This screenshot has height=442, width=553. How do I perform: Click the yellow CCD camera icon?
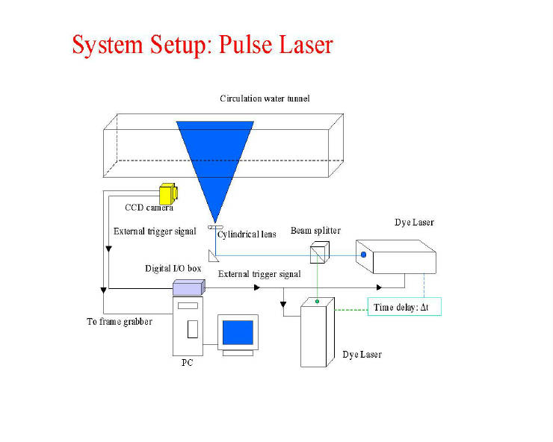click(x=168, y=193)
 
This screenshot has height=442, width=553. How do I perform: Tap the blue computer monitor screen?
click(x=238, y=332)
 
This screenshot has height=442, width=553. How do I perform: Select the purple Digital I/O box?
click(x=188, y=287)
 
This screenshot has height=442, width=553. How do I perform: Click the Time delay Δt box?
click(x=404, y=307)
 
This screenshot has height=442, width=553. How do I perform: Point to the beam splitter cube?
click(x=320, y=252)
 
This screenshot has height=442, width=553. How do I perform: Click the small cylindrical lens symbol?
click(x=215, y=227)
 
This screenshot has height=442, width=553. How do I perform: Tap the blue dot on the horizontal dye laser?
click(x=364, y=255)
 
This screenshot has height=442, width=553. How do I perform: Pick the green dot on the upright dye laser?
click(x=317, y=302)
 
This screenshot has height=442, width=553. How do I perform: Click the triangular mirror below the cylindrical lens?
click(x=213, y=256)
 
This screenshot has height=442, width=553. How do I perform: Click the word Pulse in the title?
click(x=245, y=45)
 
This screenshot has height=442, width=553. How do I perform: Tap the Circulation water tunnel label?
click(x=265, y=99)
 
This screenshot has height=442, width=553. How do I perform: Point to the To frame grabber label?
click(x=120, y=322)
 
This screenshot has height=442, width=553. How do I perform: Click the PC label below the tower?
click(x=188, y=362)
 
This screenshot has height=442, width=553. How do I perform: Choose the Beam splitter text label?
click(x=315, y=231)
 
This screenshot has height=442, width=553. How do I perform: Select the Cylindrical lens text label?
click(x=247, y=234)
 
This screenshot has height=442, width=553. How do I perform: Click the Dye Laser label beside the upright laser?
click(x=362, y=355)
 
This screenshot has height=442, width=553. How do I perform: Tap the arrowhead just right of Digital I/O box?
click(x=257, y=287)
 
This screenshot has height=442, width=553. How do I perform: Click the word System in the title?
click(x=108, y=46)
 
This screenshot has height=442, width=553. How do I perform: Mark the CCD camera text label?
click(x=149, y=208)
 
